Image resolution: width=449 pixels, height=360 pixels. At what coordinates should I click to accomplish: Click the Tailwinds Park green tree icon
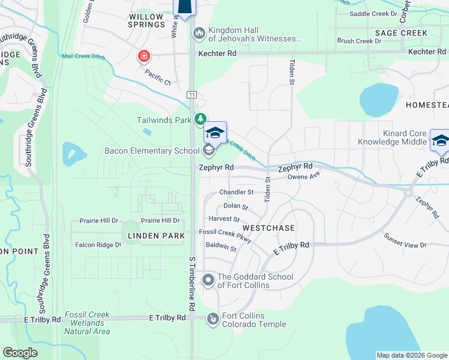pyautogui.click(x=201, y=120)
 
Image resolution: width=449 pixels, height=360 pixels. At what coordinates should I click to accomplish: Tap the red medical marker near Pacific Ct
pyautogui.click(x=144, y=57)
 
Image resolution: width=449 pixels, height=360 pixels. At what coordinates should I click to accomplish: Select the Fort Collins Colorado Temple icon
pyautogui.click(x=212, y=319)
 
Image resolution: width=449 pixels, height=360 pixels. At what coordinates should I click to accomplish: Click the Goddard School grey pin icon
pyautogui.click(x=208, y=280)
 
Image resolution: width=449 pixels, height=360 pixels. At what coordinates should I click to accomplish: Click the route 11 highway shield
pyautogui.click(x=191, y=95)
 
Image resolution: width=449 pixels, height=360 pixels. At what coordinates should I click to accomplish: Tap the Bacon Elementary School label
pyautogui.click(x=152, y=151)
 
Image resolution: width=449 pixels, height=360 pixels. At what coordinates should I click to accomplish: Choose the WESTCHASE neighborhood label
pyautogui.click(x=269, y=228)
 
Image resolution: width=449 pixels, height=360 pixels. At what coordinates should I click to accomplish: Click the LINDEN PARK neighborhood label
pyautogui.click(x=156, y=236)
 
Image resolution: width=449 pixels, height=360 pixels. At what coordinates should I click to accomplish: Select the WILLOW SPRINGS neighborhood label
pyautogui.click(x=146, y=20)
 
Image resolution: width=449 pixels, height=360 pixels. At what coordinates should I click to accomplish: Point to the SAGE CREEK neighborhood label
pyautogui.click(x=401, y=33)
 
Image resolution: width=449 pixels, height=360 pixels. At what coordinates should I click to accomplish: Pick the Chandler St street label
pyautogui.click(x=237, y=192)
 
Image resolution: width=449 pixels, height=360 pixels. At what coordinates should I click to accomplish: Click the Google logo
pyautogui.click(x=20, y=352)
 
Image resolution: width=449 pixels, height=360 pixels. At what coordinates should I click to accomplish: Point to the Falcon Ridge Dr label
pyautogui.click(x=98, y=245)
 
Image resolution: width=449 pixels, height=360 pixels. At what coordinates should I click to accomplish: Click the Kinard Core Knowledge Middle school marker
pyautogui.click(x=440, y=142)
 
